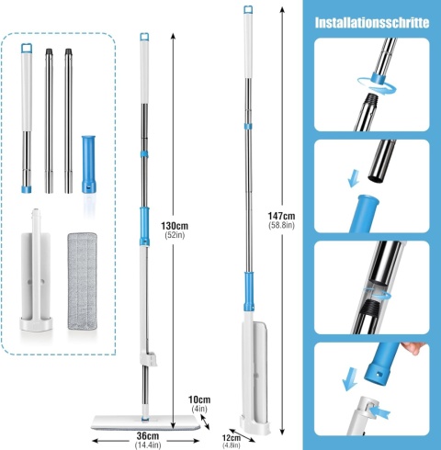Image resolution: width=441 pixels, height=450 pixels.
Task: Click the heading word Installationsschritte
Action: pos(372,20)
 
